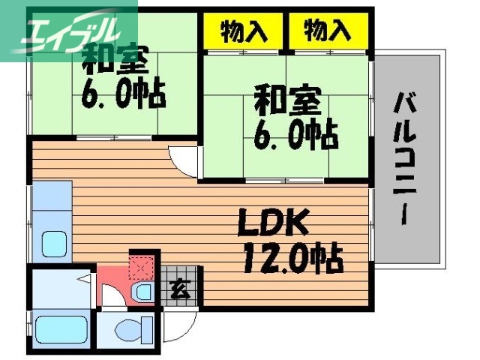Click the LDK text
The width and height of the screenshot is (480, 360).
pyautogui.click(x=273, y=223)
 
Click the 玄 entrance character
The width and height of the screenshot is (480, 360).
pyautogui.click(x=179, y=287)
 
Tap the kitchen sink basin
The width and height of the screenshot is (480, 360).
pyautogui.click(x=52, y=244)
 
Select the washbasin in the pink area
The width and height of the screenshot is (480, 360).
pyautogui.click(x=142, y=292)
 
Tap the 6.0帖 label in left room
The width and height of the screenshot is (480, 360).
pyautogui.click(x=123, y=95)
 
